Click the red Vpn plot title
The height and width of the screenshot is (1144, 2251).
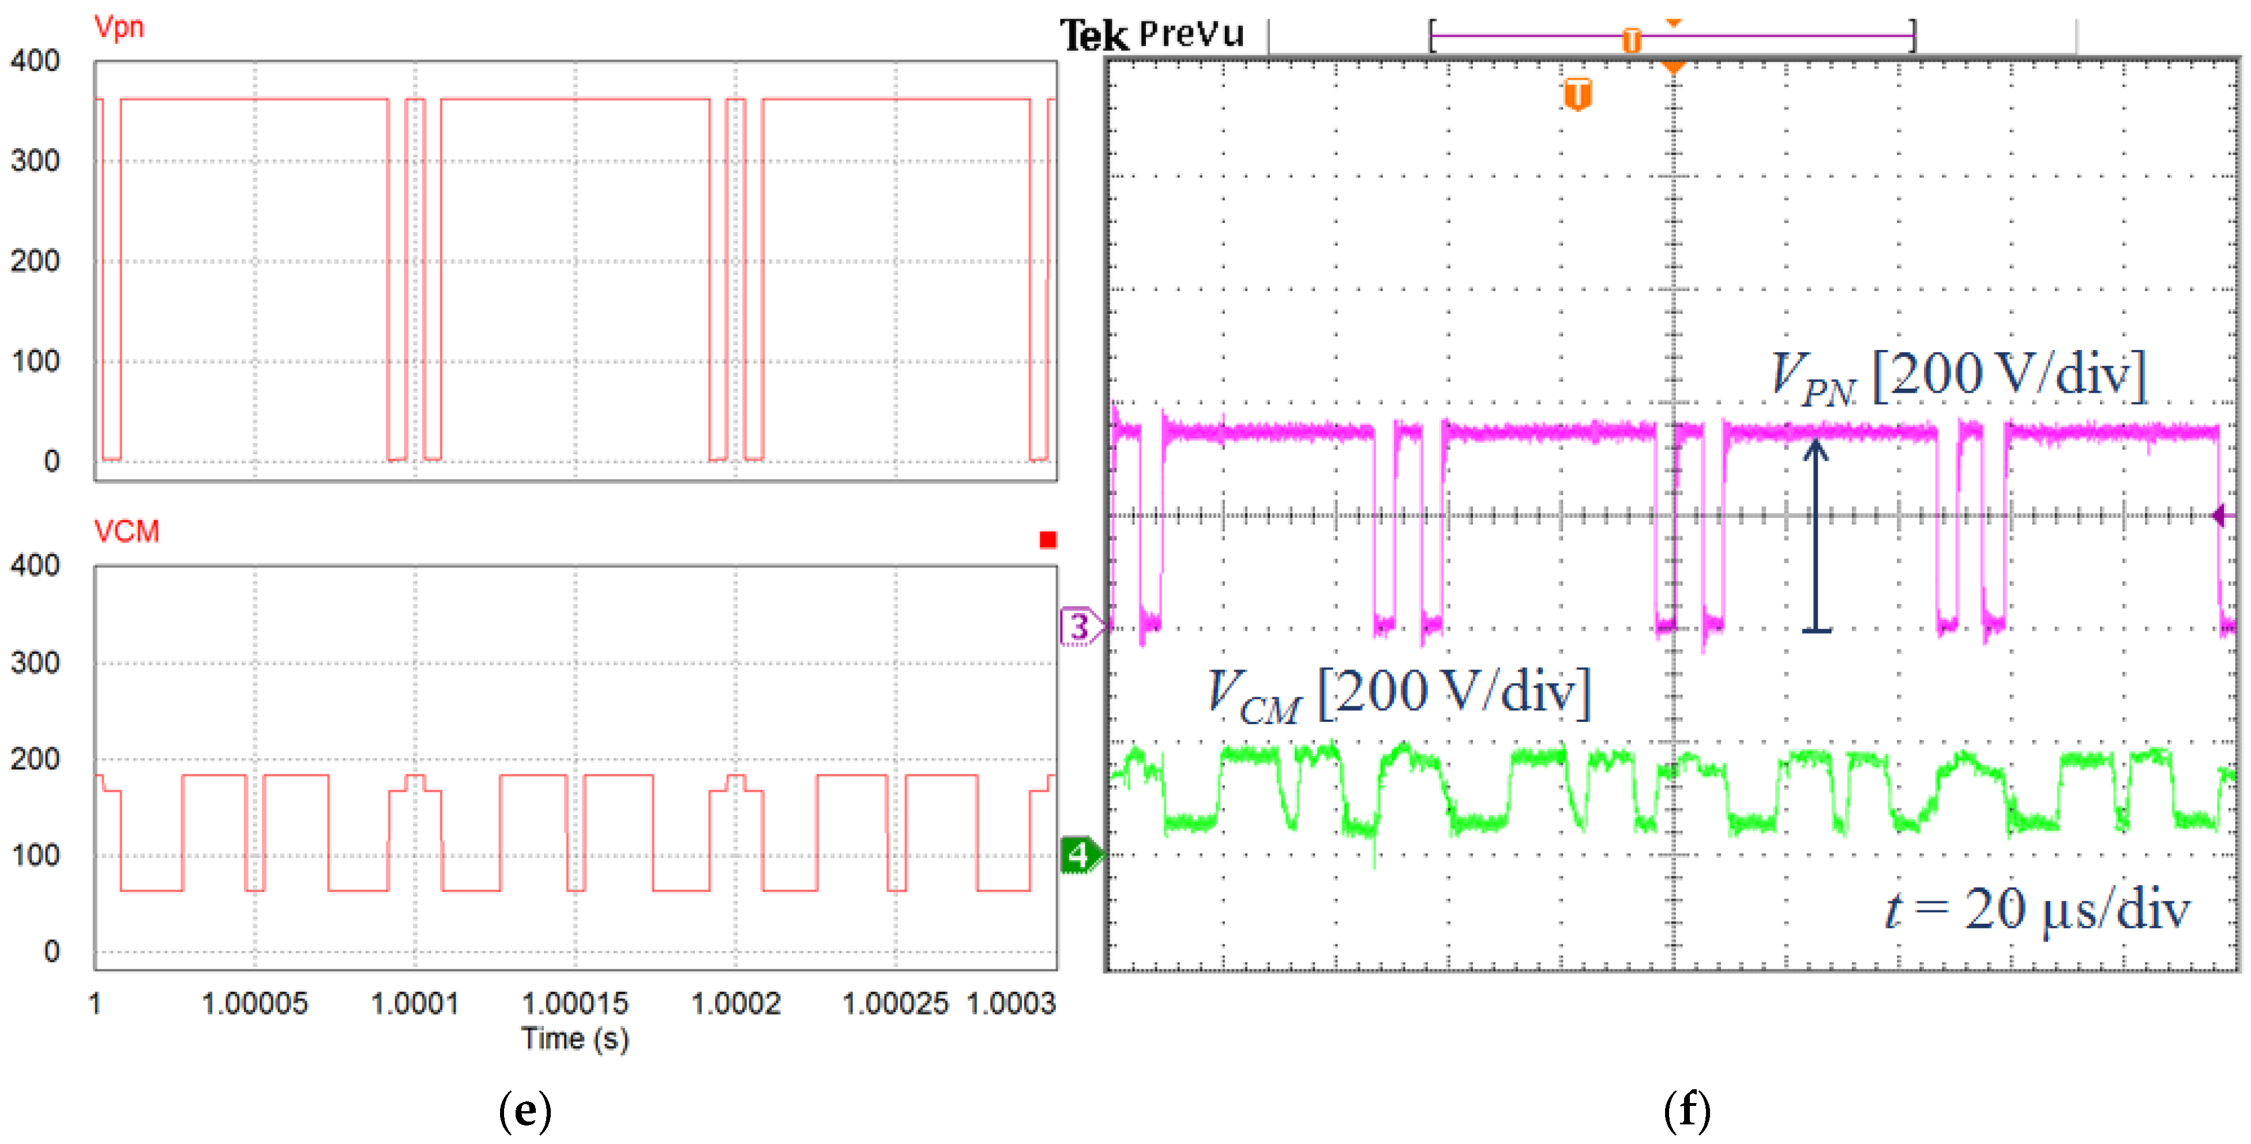[x=118, y=27]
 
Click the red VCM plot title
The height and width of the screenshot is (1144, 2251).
[x=127, y=532]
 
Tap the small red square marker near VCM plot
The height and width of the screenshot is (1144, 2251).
[x=1048, y=540]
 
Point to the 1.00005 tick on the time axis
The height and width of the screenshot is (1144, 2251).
[x=254, y=1003]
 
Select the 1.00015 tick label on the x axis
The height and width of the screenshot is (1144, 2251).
[x=575, y=1003]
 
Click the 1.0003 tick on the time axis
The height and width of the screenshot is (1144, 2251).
[x=1011, y=1003]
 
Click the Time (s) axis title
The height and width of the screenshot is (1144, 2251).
[x=575, y=1039]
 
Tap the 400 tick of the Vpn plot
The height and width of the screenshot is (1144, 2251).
[x=35, y=61]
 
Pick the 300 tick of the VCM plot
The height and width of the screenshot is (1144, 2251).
[x=35, y=663]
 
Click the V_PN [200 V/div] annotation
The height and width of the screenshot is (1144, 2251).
[x=1958, y=377]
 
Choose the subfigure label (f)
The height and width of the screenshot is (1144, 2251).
[x=1686, y=1111]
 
